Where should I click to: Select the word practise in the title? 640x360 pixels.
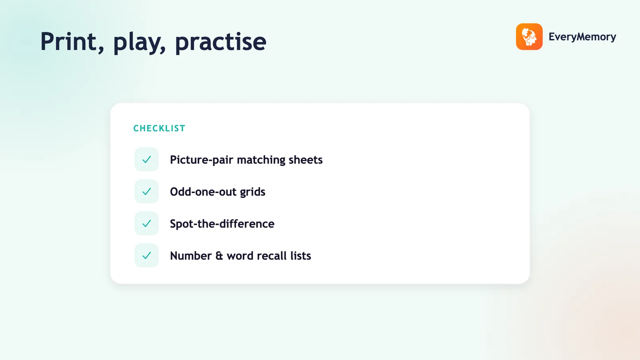(220, 43)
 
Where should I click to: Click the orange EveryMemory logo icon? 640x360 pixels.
(529, 36)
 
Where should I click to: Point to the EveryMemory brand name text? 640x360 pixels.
(582, 37)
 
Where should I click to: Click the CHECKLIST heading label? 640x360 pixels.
(160, 128)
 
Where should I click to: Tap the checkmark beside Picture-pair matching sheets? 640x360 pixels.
(146, 160)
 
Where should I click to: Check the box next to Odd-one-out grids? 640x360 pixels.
(146, 192)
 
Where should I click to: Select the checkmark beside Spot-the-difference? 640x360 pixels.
(146, 224)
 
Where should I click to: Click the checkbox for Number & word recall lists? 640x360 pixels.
(146, 256)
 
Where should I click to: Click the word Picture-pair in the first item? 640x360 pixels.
(201, 160)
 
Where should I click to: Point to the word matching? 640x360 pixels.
(261, 160)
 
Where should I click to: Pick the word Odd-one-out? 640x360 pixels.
(202, 192)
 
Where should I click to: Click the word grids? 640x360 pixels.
(252, 192)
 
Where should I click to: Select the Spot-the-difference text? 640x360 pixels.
(222, 224)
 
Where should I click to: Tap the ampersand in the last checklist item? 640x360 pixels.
(219, 256)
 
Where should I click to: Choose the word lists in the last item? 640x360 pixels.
(300, 256)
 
